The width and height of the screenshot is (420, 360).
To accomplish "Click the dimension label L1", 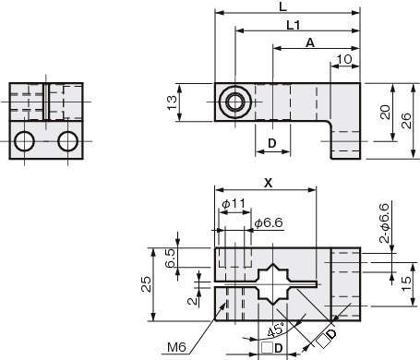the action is click(x=293, y=25).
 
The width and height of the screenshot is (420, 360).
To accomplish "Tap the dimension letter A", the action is click(x=310, y=42).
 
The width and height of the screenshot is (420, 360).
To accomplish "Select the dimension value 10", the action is click(x=344, y=59).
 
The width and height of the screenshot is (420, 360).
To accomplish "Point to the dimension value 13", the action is click(x=172, y=102).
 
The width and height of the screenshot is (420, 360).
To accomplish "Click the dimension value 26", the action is click(x=406, y=121).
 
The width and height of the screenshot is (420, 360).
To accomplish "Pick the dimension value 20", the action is click(x=385, y=112).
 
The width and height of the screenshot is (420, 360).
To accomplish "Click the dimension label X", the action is click(x=269, y=184).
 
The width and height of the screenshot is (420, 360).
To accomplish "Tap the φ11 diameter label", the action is click(x=234, y=203).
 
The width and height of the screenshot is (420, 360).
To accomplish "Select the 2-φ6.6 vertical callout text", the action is click(x=384, y=223).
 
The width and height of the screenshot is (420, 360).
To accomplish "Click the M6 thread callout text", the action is click(x=176, y=347).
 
